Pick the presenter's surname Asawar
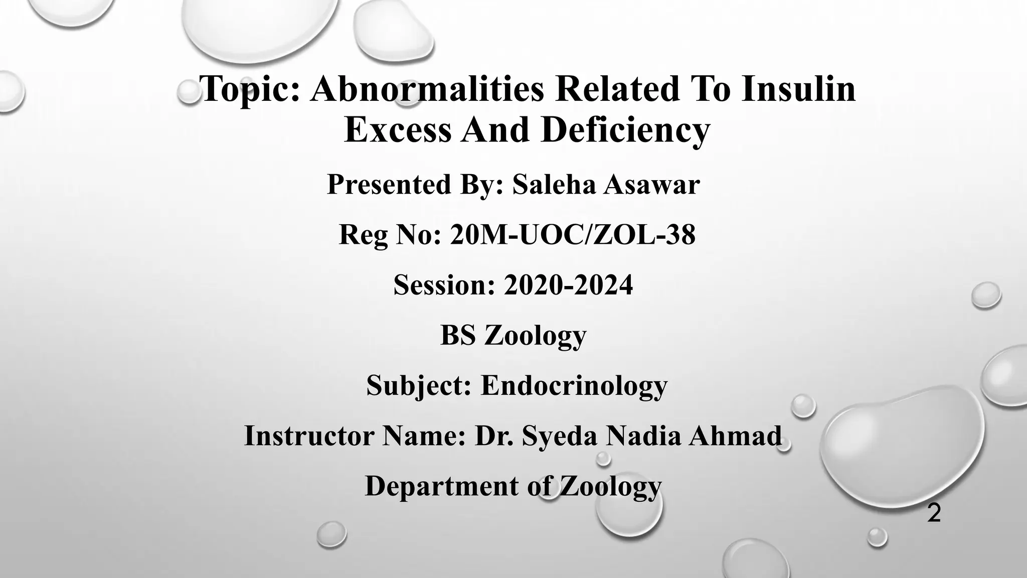[651, 184]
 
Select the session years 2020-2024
[568, 284]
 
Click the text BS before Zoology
[457, 335]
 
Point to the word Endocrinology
[574, 385]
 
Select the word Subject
[419, 385]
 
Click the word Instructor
[309, 435]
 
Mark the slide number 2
[934, 514]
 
